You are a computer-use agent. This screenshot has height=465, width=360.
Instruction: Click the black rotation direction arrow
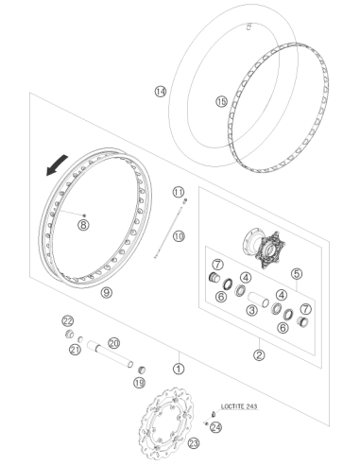[56, 164]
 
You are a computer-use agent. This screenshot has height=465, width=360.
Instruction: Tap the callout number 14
[161, 92]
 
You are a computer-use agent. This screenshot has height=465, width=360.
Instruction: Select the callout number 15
[221, 102]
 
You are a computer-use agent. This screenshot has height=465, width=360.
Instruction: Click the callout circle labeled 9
[107, 293]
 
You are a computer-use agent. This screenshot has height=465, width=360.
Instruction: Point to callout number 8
[84, 225]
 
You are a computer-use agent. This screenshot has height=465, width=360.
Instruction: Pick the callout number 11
[179, 192]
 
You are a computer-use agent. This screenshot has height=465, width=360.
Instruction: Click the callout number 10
[179, 236]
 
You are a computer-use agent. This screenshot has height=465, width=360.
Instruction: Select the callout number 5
[297, 274]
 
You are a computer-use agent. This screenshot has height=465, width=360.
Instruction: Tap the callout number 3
[251, 310]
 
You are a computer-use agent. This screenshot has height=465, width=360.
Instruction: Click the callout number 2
[259, 355]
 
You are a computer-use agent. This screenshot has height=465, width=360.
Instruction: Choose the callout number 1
[179, 369]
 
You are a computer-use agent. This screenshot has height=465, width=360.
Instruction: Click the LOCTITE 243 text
[239, 406]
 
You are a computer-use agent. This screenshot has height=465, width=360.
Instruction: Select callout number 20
[113, 343]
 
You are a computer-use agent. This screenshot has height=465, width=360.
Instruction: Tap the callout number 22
[67, 321]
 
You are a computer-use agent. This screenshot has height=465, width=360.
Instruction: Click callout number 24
[216, 427]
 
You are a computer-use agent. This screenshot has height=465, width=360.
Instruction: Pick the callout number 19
[139, 383]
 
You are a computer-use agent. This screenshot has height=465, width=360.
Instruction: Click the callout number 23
[194, 444]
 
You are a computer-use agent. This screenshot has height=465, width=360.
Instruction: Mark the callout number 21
[75, 350]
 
